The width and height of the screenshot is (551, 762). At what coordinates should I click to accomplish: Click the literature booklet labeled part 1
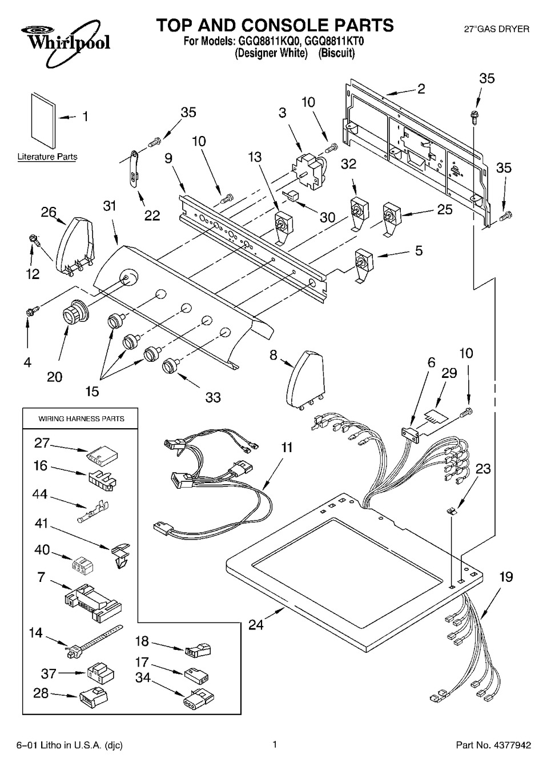pyautogui.click(x=42, y=121)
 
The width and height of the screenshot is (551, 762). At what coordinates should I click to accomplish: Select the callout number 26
pyautogui.click(x=49, y=213)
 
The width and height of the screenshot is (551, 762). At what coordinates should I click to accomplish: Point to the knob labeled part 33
pyautogui.click(x=170, y=364)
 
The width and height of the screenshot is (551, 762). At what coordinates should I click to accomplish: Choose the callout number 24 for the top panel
pyautogui.click(x=256, y=625)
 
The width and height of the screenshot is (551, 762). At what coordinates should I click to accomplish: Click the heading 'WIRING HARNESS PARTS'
pyautogui.click(x=81, y=418)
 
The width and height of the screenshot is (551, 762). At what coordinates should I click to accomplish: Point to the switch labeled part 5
pyautogui.click(x=363, y=264)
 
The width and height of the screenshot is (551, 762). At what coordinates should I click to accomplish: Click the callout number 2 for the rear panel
pyautogui.click(x=421, y=88)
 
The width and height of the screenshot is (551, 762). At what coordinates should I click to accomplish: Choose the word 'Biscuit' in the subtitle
pyautogui.click(x=336, y=53)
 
